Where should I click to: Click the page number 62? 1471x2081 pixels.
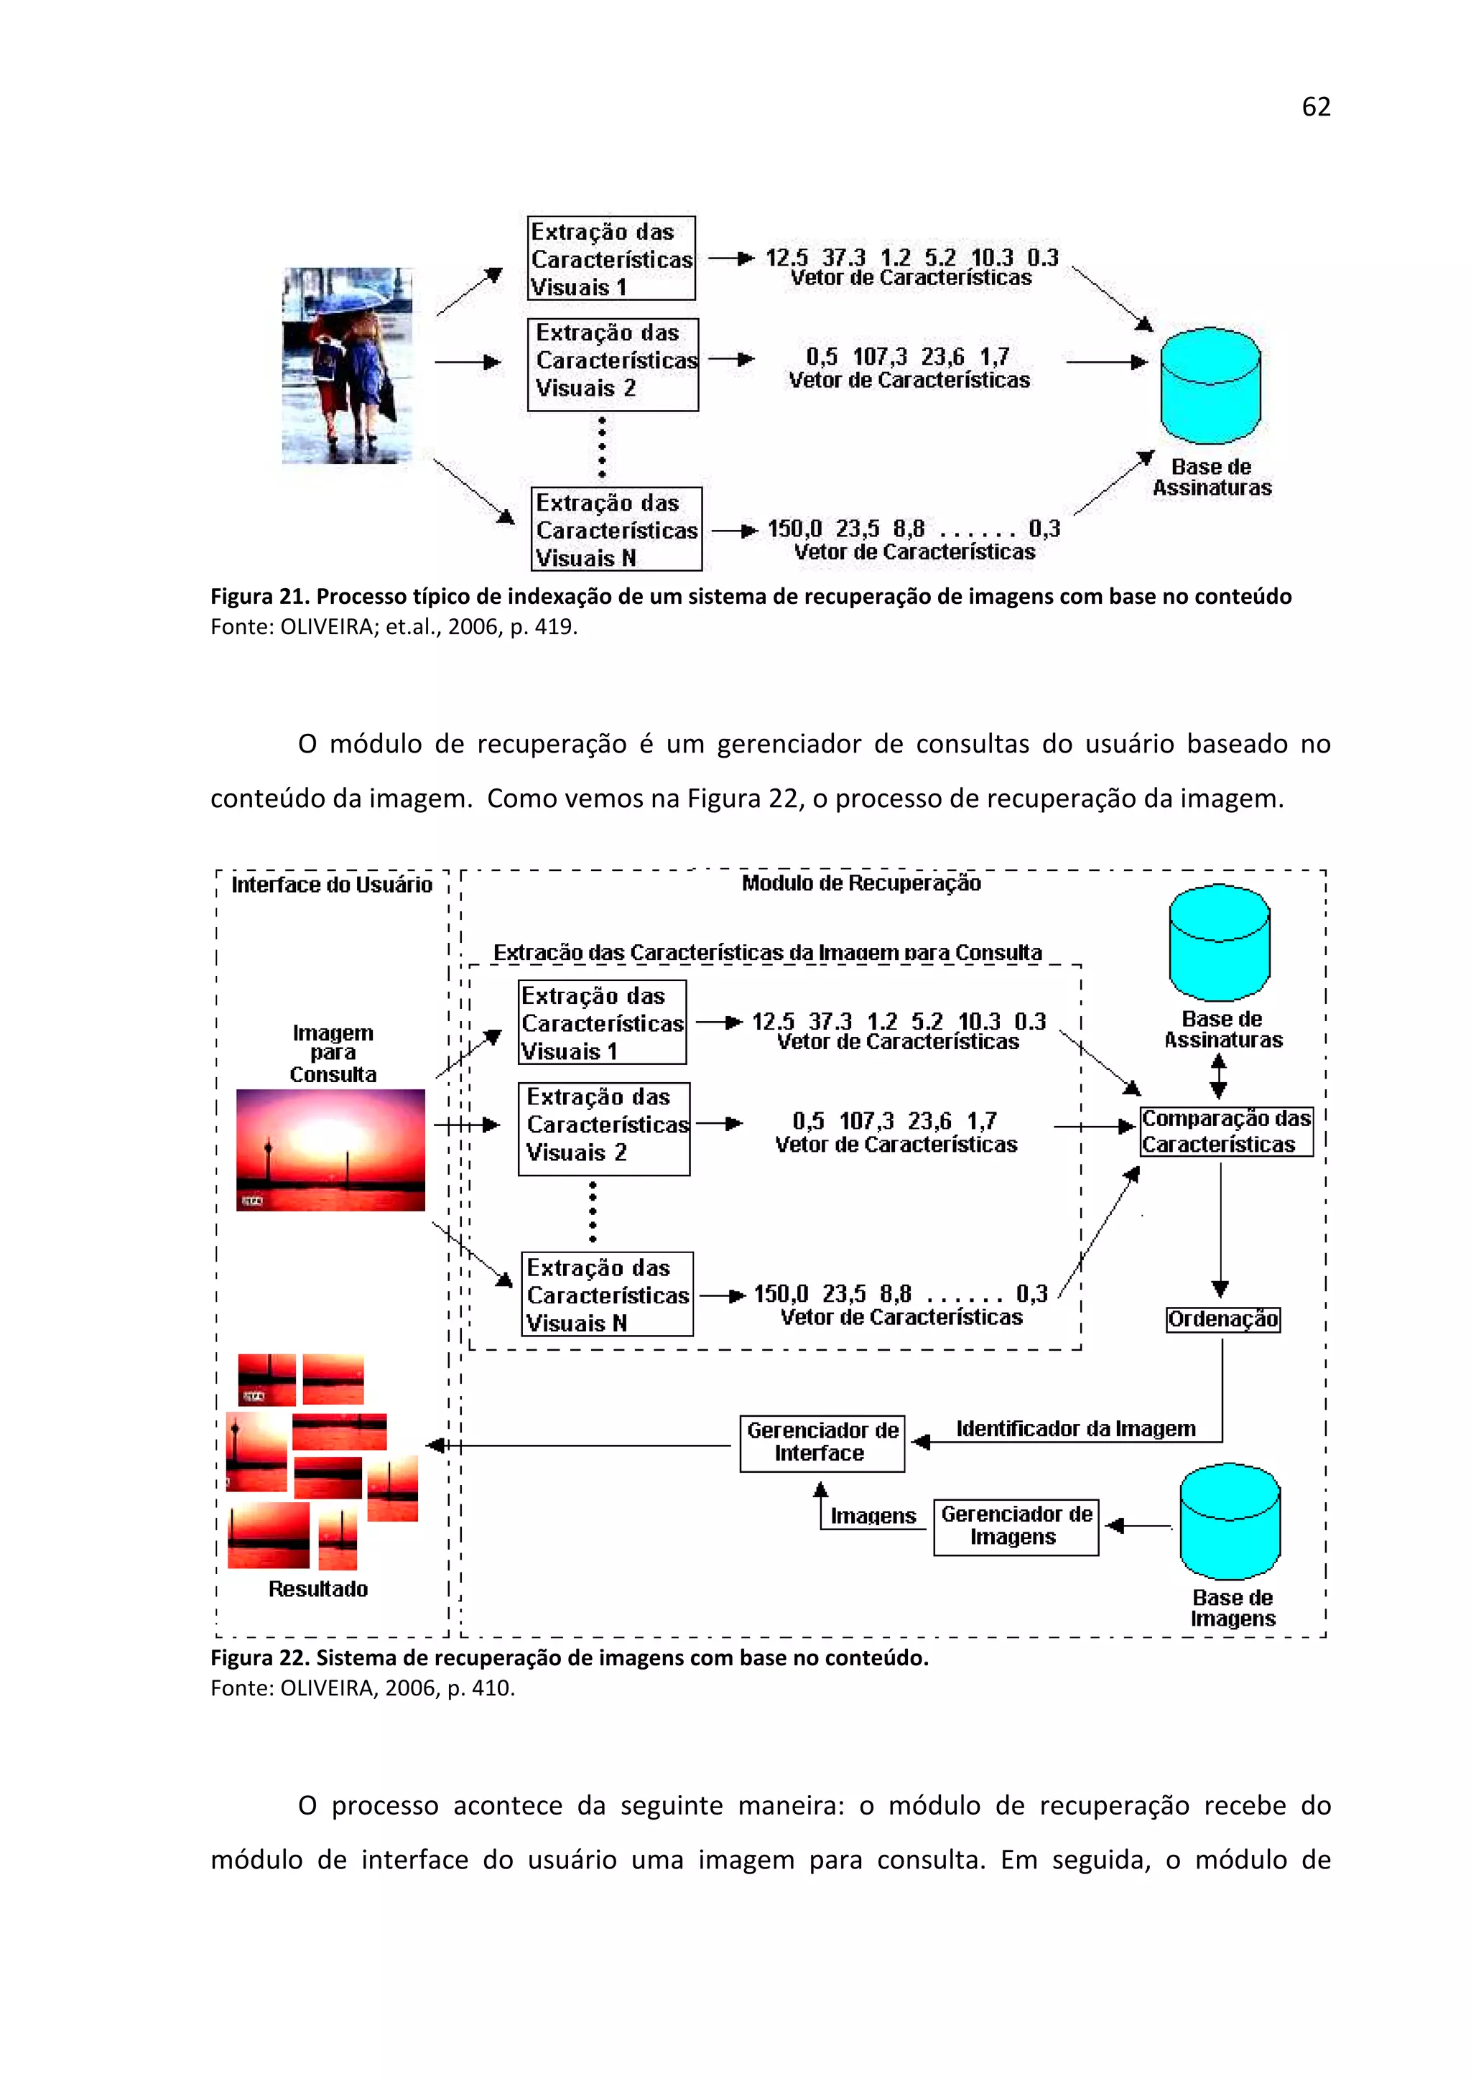(x=1315, y=107)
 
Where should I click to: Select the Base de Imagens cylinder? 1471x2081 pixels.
(x=1229, y=1522)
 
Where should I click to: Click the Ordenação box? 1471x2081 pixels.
(x=1222, y=1318)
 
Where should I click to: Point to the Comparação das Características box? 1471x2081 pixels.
(x=1225, y=1131)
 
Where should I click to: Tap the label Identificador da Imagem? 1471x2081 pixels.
(x=1075, y=1429)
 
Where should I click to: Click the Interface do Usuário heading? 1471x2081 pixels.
(x=332, y=885)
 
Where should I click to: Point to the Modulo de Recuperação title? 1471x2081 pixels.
(x=860, y=883)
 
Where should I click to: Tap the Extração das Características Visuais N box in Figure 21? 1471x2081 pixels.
(x=616, y=529)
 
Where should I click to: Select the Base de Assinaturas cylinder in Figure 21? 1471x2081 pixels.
(x=1210, y=386)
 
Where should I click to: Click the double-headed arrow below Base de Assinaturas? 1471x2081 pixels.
(x=1218, y=1076)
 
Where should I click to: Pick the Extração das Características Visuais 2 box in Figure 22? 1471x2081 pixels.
(x=603, y=1128)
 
